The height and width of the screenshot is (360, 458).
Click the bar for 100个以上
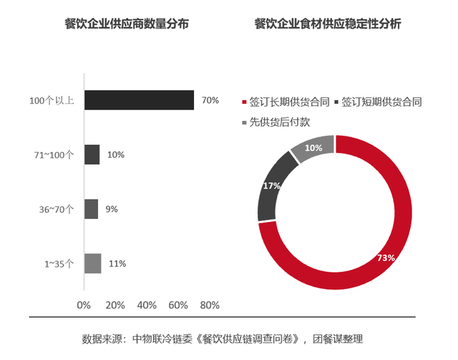click(139, 100)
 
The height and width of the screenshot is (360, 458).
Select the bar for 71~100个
click(92, 155)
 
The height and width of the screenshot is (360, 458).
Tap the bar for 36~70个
click(91, 209)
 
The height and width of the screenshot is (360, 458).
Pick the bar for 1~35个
click(92, 263)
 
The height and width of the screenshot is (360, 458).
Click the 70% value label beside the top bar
click(210, 100)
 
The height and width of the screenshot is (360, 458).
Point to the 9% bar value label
click(112, 209)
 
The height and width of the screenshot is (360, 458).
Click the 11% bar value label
click(117, 263)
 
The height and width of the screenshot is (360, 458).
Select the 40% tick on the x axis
click(147, 305)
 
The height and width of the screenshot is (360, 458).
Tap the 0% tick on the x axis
click(84, 305)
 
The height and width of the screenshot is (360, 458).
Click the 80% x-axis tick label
click(210, 305)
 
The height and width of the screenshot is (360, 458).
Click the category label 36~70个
click(57, 209)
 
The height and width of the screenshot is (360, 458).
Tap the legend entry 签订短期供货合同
click(382, 102)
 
